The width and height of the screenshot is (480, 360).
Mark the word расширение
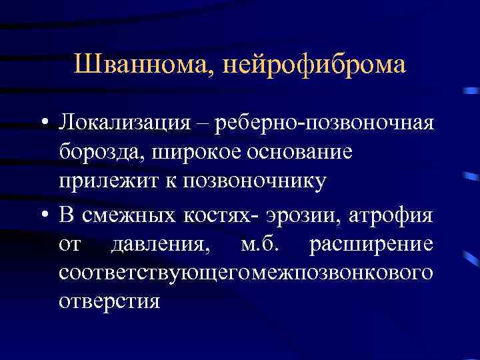coord(371,245)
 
